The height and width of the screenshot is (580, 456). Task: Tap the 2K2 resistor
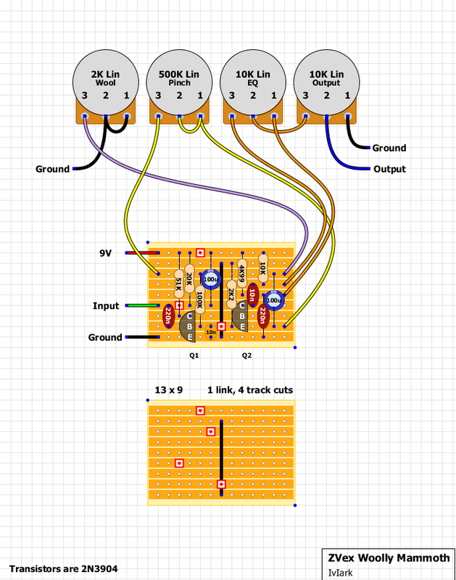tap(231, 294)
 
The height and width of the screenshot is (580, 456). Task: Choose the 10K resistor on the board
tap(262, 269)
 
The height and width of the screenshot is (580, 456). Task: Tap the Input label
tap(107, 306)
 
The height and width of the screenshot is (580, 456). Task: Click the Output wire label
tap(389, 169)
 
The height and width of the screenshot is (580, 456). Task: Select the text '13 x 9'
tap(168, 390)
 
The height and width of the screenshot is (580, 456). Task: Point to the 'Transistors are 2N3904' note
tap(64, 569)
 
